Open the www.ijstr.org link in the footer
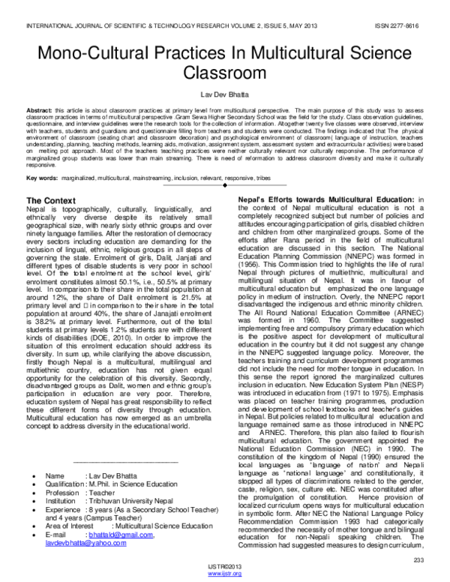point(225,574)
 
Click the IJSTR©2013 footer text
point(225,568)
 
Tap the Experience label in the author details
point(67,510)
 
